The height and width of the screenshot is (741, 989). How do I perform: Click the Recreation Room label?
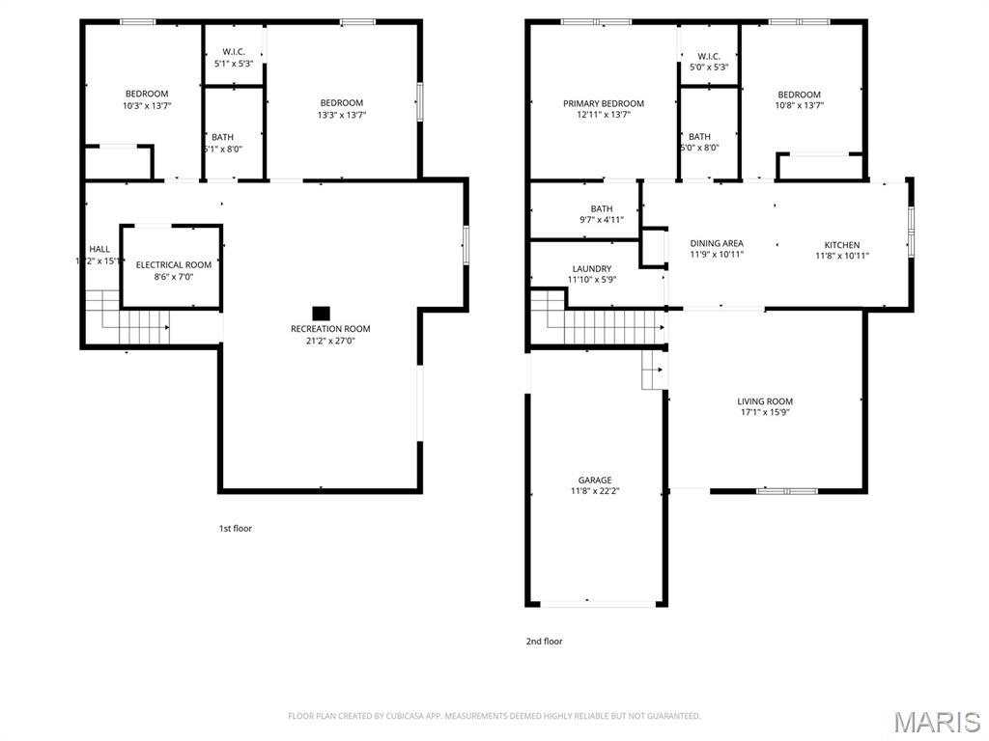[x=330, y=329]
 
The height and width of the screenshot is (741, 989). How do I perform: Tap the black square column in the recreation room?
[x=322, y=313]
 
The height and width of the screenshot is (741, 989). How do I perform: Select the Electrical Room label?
[x=174, y=265]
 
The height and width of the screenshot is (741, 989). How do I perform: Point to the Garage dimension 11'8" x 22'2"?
[x=595, y=491]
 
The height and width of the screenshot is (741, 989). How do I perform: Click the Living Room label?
[x=765, y=401]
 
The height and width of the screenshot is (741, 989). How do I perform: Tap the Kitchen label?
[x=841, y=245]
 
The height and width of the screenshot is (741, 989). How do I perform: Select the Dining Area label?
[x=717, y=243]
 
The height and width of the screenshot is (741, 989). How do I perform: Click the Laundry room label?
[x=591, y=269]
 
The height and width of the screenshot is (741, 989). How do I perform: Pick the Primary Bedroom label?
[x=604, y=103]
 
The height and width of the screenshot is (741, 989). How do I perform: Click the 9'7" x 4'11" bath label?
[x=602, y=214]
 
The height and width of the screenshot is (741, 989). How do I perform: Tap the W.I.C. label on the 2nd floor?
[x=708, y=56]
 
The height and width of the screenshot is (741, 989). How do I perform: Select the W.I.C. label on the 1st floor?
[x=234, y=52]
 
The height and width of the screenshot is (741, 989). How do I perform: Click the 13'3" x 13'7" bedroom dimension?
[x=342, y=115]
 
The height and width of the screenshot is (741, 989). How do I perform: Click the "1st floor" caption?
[x=235, y=528]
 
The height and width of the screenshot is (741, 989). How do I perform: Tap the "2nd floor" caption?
[x=545, y=641]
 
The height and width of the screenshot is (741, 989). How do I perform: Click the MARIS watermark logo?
[x=937, y=721]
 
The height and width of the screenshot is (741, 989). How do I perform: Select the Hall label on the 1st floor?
[x=99, y=249]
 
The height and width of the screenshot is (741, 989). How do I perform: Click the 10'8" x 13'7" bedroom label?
[x=799, y=95]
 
